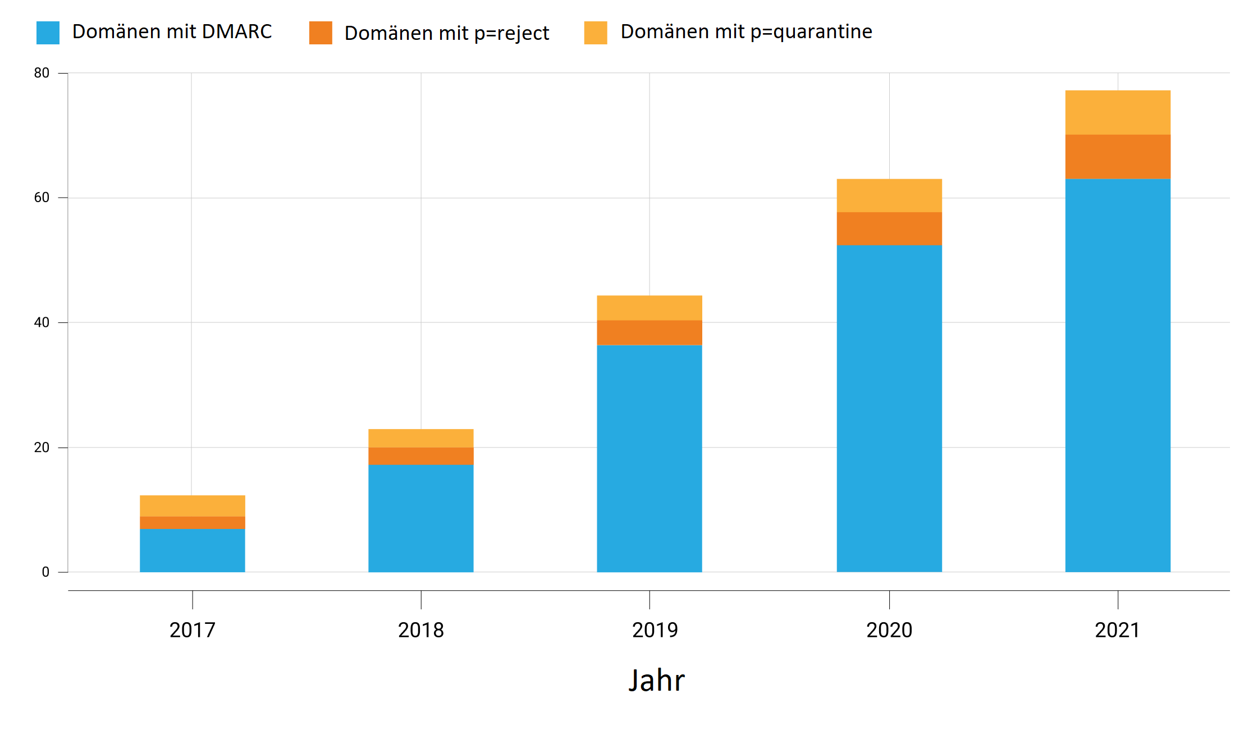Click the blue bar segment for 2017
(x=192, y=550)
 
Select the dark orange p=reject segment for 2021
(x=1118, y=157)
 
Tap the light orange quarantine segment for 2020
(x=889, y=195)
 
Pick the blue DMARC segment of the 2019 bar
(x=649, y=458)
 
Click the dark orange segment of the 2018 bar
(x=420, y=456)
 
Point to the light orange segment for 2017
(x=192, y=506)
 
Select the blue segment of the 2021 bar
(x=1118, y=375)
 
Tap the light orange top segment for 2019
(x=649, y=308)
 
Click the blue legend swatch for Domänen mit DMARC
(x=48, y=33)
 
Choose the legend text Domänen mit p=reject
(x=446, y=33)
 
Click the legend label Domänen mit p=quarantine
(x=746, y=32)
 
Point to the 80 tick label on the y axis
(x=42, y=73)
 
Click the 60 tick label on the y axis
(x=42, y=198)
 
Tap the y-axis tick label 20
(x=42, y=448)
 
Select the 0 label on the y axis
(x=45, y=572)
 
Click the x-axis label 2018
(x=420, y=630)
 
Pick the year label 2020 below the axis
(x=889, y=630)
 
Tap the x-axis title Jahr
(x=656, y=681)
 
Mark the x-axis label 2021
(x=1117, y=630)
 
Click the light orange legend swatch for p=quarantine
(x=596, y=33)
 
